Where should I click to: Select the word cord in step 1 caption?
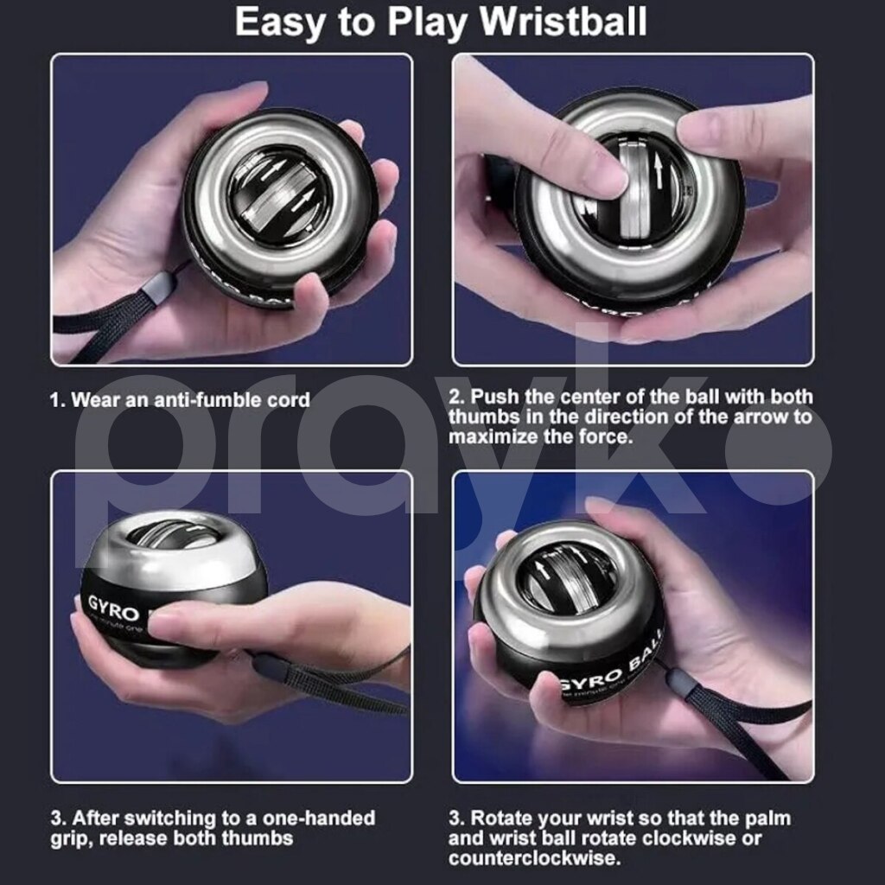[x=290, y=399]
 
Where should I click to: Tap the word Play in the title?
[x=428, y=23]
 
